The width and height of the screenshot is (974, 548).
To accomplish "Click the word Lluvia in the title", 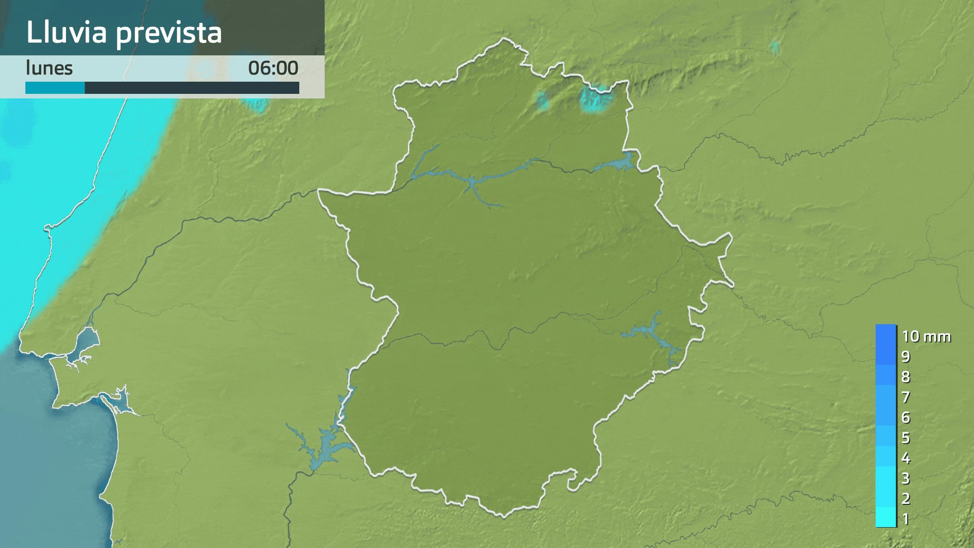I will (x=66, y=32).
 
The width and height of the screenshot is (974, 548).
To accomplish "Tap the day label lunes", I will (x=49, y=68).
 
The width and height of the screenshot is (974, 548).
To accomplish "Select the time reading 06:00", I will (x=273, y=68).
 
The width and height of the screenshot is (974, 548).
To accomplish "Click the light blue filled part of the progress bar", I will (x=55, y=88).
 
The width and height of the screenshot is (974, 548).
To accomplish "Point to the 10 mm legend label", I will (x=926, y=336).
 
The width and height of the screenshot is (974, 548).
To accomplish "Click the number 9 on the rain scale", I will (x=906, y=357).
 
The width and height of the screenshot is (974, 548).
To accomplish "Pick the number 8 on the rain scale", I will (x=906, y=377).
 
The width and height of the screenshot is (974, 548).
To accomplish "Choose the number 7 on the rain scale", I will (x=906, y=397).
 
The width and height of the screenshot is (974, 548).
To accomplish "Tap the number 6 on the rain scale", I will (x=906, y=418).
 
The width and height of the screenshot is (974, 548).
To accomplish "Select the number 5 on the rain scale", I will (x=906, y=438).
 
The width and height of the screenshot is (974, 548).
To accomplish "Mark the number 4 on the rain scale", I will (x=906, y=458).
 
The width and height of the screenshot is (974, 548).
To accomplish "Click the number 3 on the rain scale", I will (x=906, y=478).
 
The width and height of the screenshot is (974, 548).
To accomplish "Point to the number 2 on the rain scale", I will (x=906, y=499).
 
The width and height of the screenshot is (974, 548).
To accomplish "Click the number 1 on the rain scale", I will (x=906, y=519).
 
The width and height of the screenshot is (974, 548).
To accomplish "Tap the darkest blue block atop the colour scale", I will (x=886, y=335).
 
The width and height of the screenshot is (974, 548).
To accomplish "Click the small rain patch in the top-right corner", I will (x=774, y=47).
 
